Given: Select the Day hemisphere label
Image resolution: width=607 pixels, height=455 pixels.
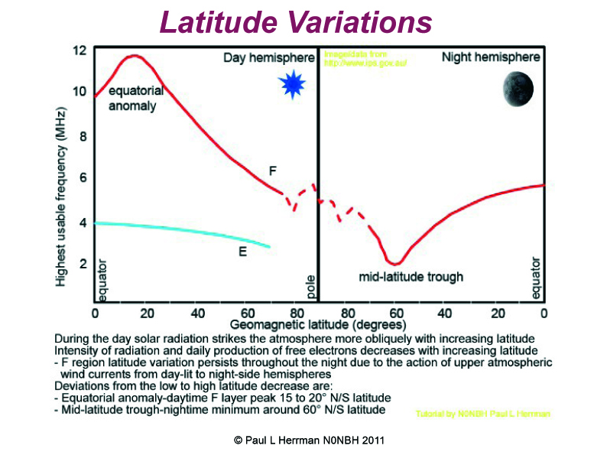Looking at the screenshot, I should (x=268, y=58).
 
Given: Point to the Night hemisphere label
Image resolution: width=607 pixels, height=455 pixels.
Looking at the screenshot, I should (x=491, y=58).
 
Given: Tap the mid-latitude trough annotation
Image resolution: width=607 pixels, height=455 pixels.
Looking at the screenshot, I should (x=411, y=276).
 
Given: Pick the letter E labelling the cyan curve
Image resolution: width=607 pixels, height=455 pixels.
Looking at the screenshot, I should (x=242, y=250).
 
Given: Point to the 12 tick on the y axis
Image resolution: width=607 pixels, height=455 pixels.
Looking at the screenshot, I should (x=79, y=51).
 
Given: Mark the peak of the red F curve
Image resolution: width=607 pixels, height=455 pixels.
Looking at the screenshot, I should (x=135, y=56).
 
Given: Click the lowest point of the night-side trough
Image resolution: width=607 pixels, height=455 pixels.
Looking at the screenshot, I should (x=393, y=264).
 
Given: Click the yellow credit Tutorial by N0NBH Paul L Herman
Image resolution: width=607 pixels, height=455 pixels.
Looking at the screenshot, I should (x=483, y=414).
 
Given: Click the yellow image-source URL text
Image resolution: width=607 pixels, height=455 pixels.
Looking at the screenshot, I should (x=365, y=60).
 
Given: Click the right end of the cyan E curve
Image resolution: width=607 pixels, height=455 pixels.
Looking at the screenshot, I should (x=270, y=247).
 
